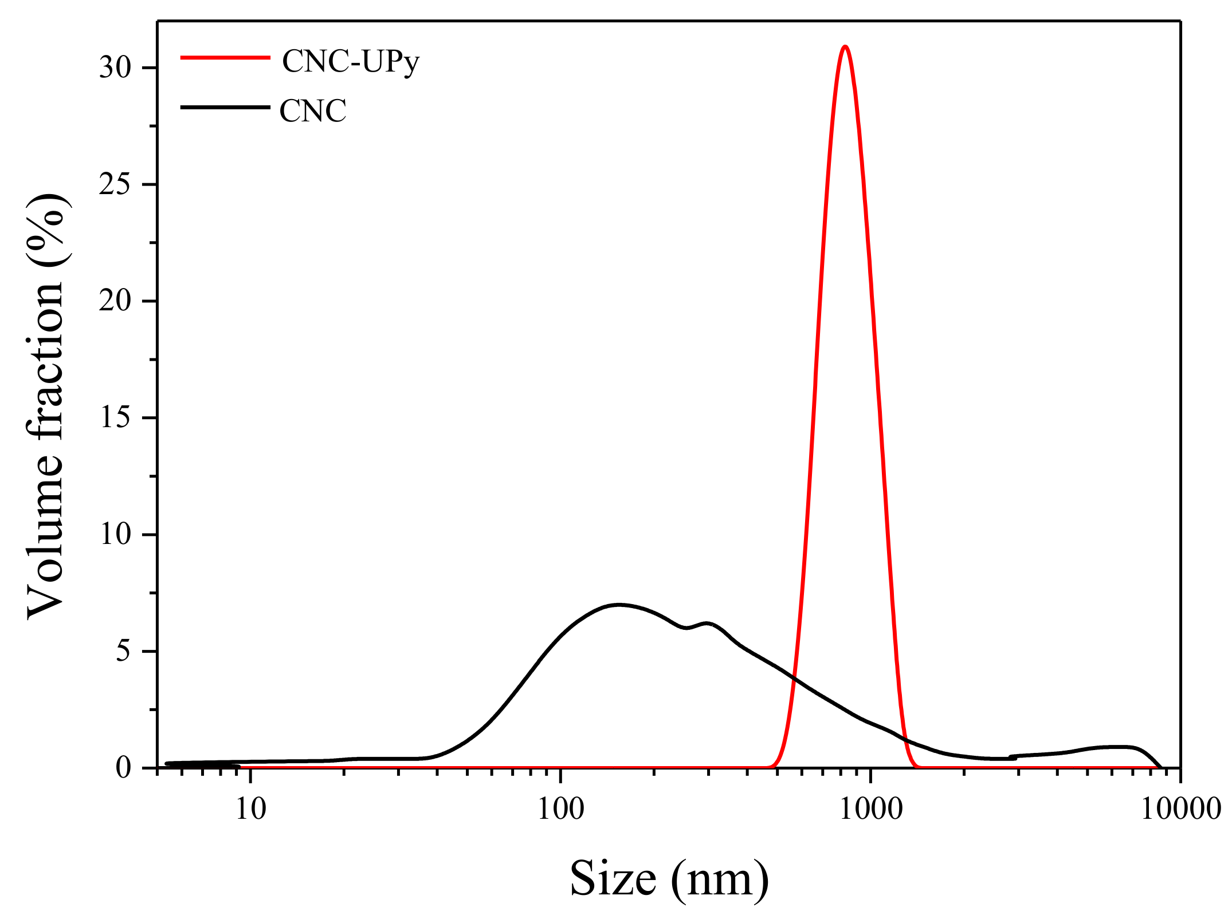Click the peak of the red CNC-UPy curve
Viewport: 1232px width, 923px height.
click(x=845, y=46)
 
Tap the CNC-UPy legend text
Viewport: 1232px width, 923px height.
click(x=351, y=61)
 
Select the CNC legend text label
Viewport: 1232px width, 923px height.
click(x=313, y=111)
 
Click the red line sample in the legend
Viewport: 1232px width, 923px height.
click(x=225, y=57)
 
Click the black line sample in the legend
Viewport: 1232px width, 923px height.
click(x=225, y=107)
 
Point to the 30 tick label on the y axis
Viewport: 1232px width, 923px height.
click(x=115, y=68)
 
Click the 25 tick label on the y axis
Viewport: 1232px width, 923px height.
click(x=115, y=185)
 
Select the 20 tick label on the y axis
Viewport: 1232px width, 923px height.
click(x=115, y=301)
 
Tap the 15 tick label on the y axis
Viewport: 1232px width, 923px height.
click(x=115, y=418)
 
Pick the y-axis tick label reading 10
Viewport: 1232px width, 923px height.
click(x=115, y=535)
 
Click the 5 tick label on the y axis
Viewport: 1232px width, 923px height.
click(x=123, y=652)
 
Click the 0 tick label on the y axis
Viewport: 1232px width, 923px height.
click(x=123, y=768)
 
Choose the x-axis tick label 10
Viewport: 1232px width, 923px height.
click(x=251, y=810)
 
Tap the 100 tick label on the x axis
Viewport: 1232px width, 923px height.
click(x=560, y=810)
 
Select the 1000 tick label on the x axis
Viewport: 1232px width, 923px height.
click(x=871, y=810)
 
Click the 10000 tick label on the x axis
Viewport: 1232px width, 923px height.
click(x=1180, y=810)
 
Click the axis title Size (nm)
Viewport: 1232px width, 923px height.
click(x=669, y=879)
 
